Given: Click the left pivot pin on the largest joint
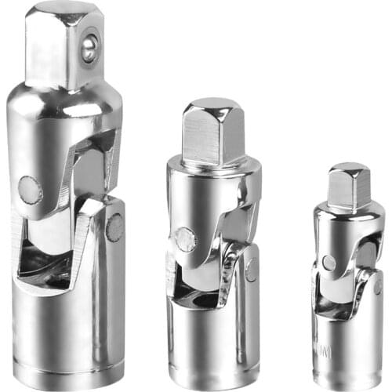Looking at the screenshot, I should click(30, 189).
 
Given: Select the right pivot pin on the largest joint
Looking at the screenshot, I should click(114, 227).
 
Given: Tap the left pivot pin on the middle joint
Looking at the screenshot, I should click(186, 239).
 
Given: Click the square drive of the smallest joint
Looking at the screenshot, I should click(349, 186).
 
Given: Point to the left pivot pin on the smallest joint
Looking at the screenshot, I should click(329, 263).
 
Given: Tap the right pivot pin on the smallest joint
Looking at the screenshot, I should click(377, 286).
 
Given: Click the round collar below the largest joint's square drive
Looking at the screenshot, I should click(67, 98).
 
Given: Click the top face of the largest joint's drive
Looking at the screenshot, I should click(63, 8).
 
